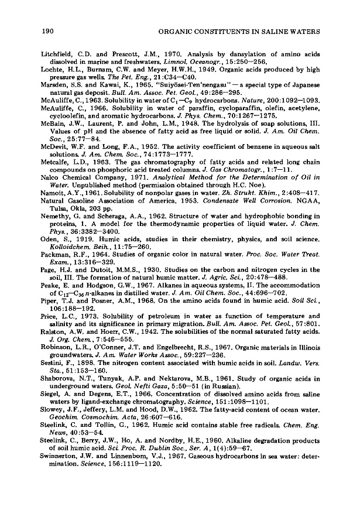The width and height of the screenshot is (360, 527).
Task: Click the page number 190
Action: click(47, 29)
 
